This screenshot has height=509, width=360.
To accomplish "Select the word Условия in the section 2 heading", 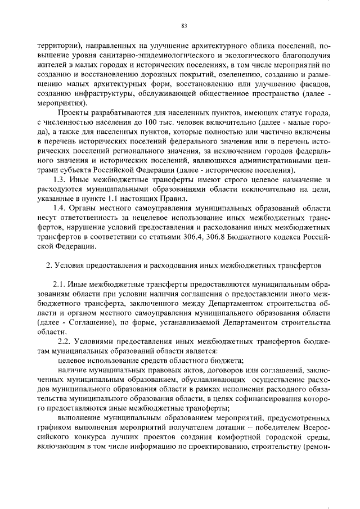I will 70,264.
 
